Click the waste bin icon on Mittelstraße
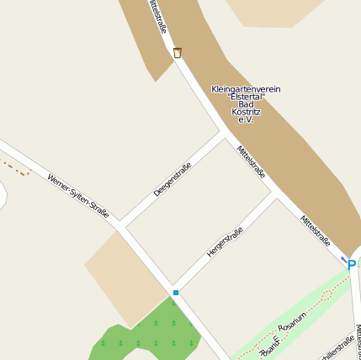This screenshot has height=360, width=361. [x=178, y=53]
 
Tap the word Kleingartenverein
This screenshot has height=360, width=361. [x=246, y=89]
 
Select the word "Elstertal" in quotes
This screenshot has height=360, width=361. [x=246, y=97]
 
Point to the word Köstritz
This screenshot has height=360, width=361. [x=246, y=112]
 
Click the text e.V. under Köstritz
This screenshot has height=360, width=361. [x=246, y=119]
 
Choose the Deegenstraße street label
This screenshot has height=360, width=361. [x=173, y=179]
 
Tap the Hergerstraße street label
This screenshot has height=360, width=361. [x=225, y=242]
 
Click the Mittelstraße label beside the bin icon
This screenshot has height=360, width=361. [x=157, y=17]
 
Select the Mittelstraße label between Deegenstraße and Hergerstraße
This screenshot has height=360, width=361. [x=251, y=162]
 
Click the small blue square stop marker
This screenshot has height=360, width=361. [x=176, y=293]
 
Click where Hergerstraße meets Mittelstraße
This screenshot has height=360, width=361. [x=276, y=195]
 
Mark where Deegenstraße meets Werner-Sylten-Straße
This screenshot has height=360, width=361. [x=120, y=225]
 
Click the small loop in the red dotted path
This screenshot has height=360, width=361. [x=271, y=346]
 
